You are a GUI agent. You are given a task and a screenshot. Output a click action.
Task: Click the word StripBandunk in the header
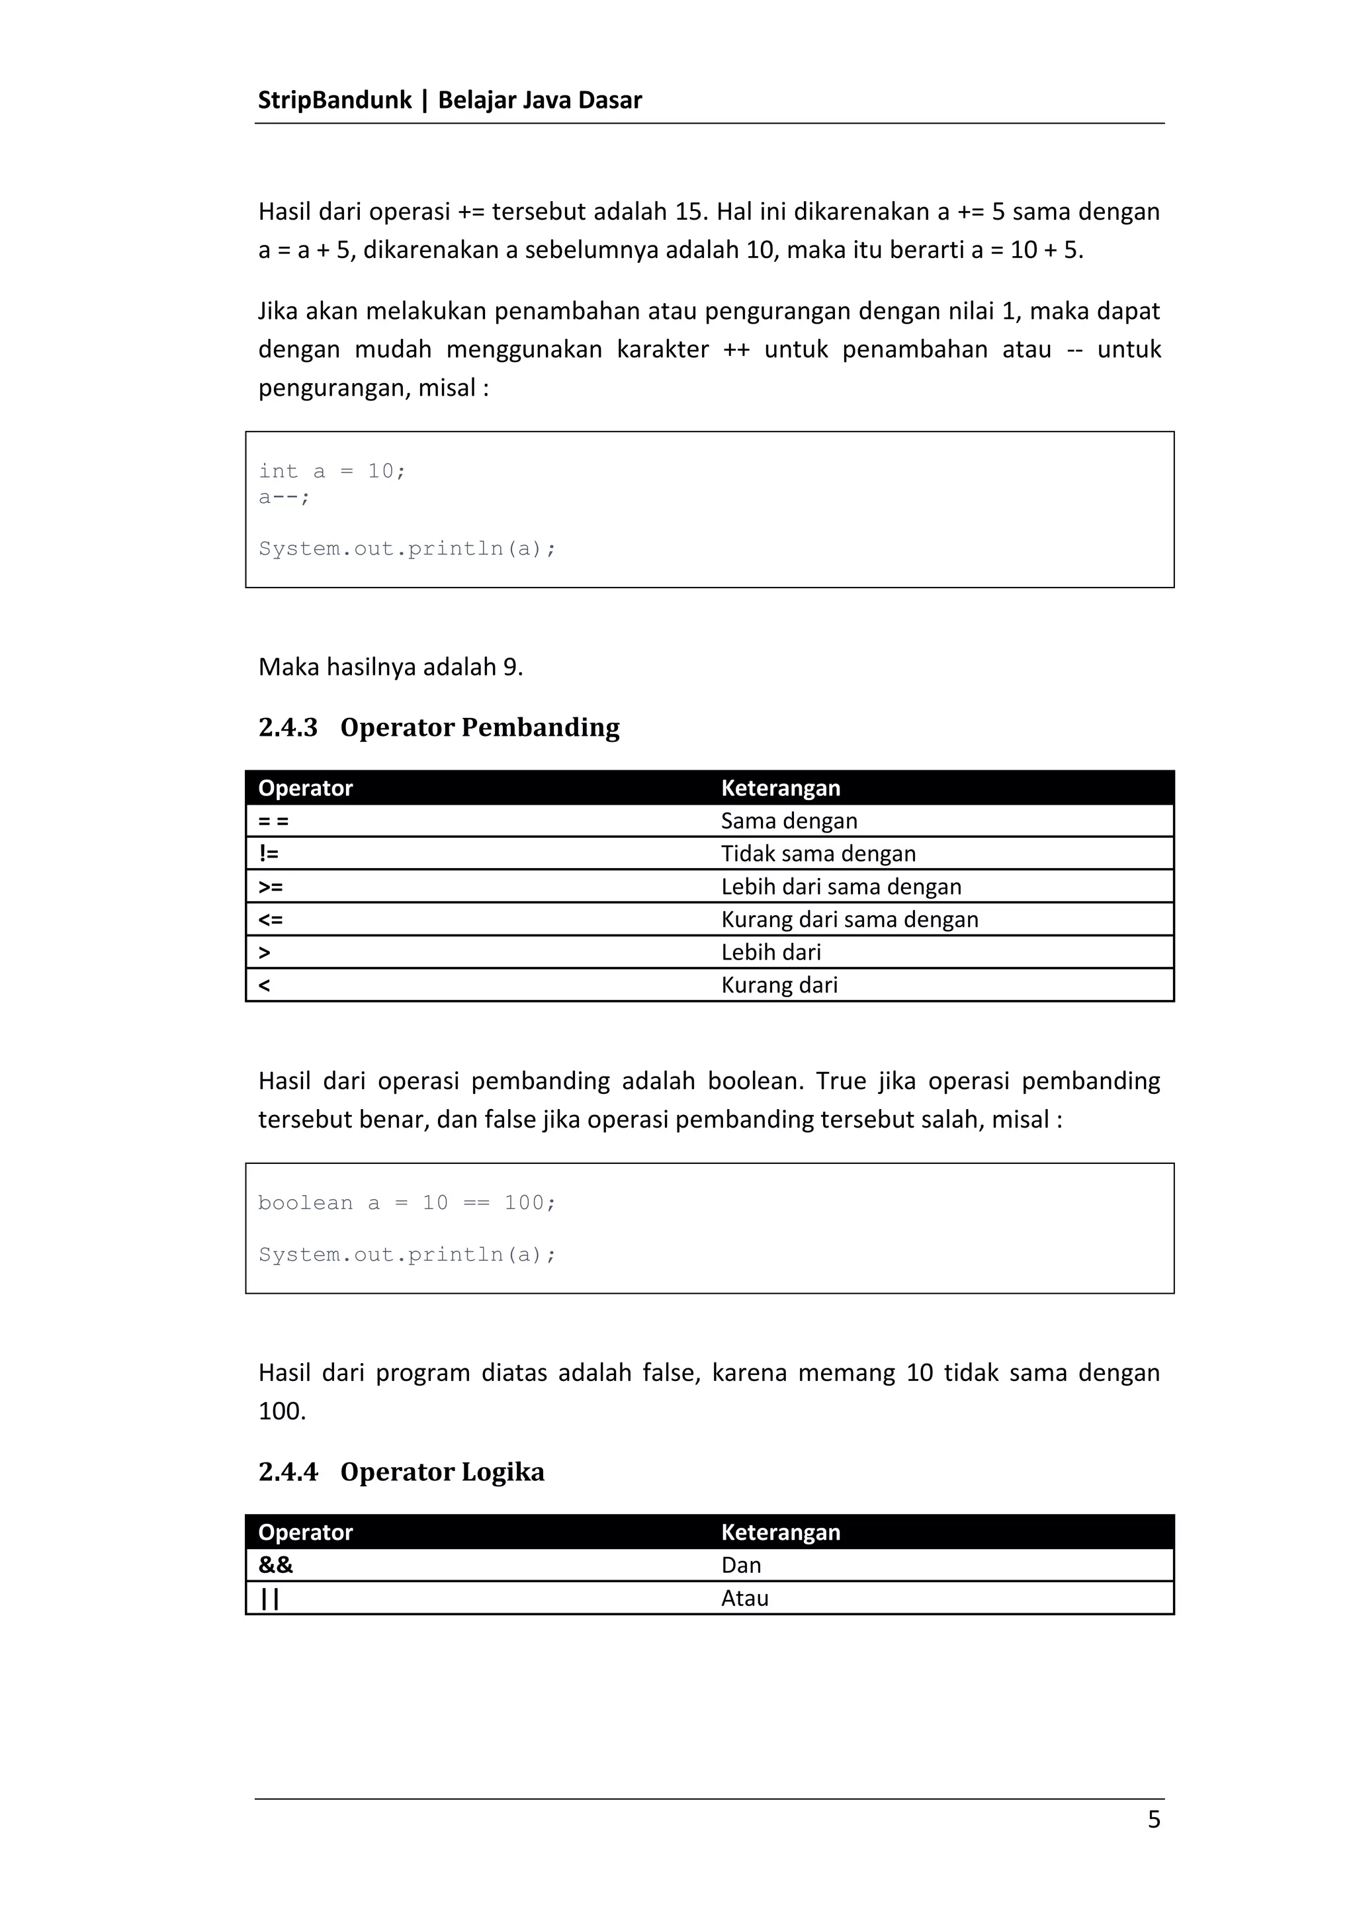[x=334, y=100]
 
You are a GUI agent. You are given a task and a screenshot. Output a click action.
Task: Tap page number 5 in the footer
[x=1154, y=1818]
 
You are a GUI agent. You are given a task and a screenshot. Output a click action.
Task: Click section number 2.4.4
[x=288, y=1471]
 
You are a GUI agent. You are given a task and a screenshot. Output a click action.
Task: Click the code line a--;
[x=284, y=498]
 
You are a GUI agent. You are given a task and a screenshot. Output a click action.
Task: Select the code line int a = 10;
[x=331, y=472]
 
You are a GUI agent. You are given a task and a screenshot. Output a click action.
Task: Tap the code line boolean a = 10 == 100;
[x=407, y=1202]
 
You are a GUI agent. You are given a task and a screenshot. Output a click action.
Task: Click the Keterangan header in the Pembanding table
[x=780, y=788]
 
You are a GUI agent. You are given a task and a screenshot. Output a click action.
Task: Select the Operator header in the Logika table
[x=306, y=1532]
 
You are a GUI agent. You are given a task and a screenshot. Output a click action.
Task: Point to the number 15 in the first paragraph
[x=689, y=212]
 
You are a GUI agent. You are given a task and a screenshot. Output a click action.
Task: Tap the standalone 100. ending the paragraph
[x=283, y=1411]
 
